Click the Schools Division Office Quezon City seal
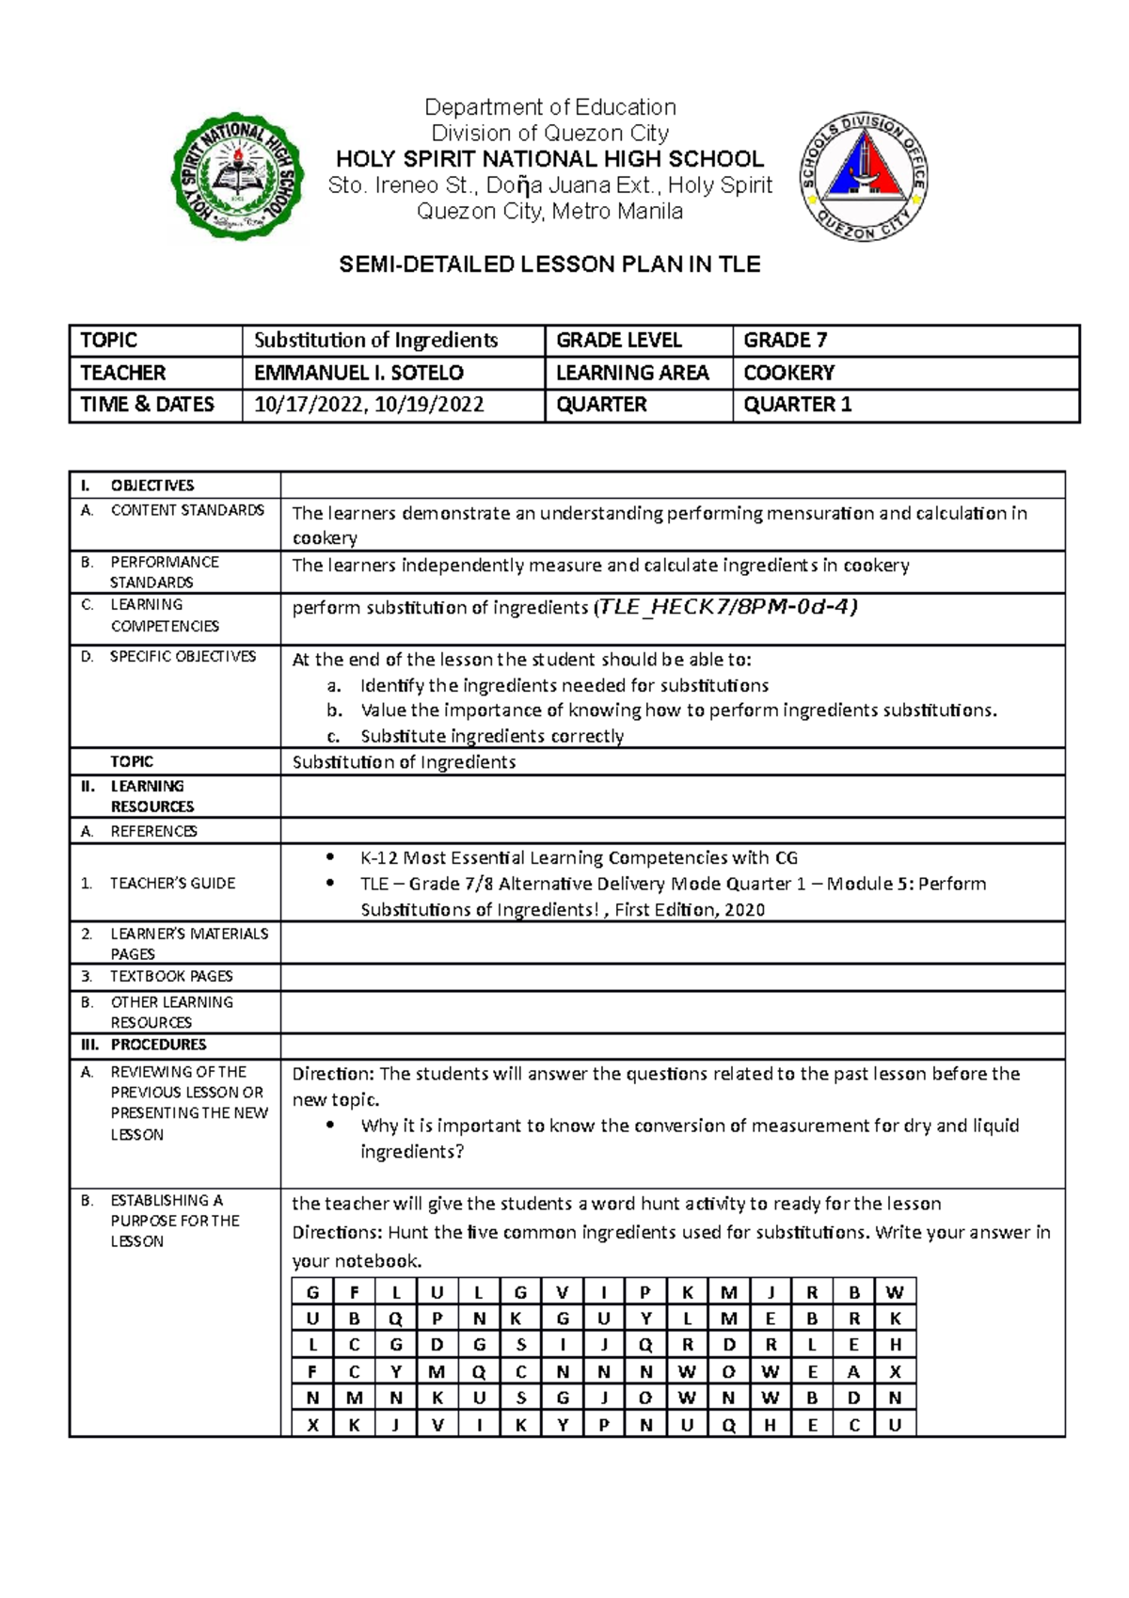coord(863,178)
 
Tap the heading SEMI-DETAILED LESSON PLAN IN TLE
coord(549,264)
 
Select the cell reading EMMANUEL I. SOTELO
coord(358,373)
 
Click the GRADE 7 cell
coord(785,341)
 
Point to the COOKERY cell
coord(788,373)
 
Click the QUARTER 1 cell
coord(797,405)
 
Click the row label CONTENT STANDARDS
coord(187,510)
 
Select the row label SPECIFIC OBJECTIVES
coord(183,656)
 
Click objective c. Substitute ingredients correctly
coord(491,736)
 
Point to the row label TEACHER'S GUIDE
coord(172,883)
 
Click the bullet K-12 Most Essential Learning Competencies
coord(578,857)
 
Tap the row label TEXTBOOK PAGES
coord(171,976)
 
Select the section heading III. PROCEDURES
coord(158,1045)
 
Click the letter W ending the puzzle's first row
coord(895,1292)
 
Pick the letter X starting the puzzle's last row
coord(312,1425)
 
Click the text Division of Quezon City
coord(549,133)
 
